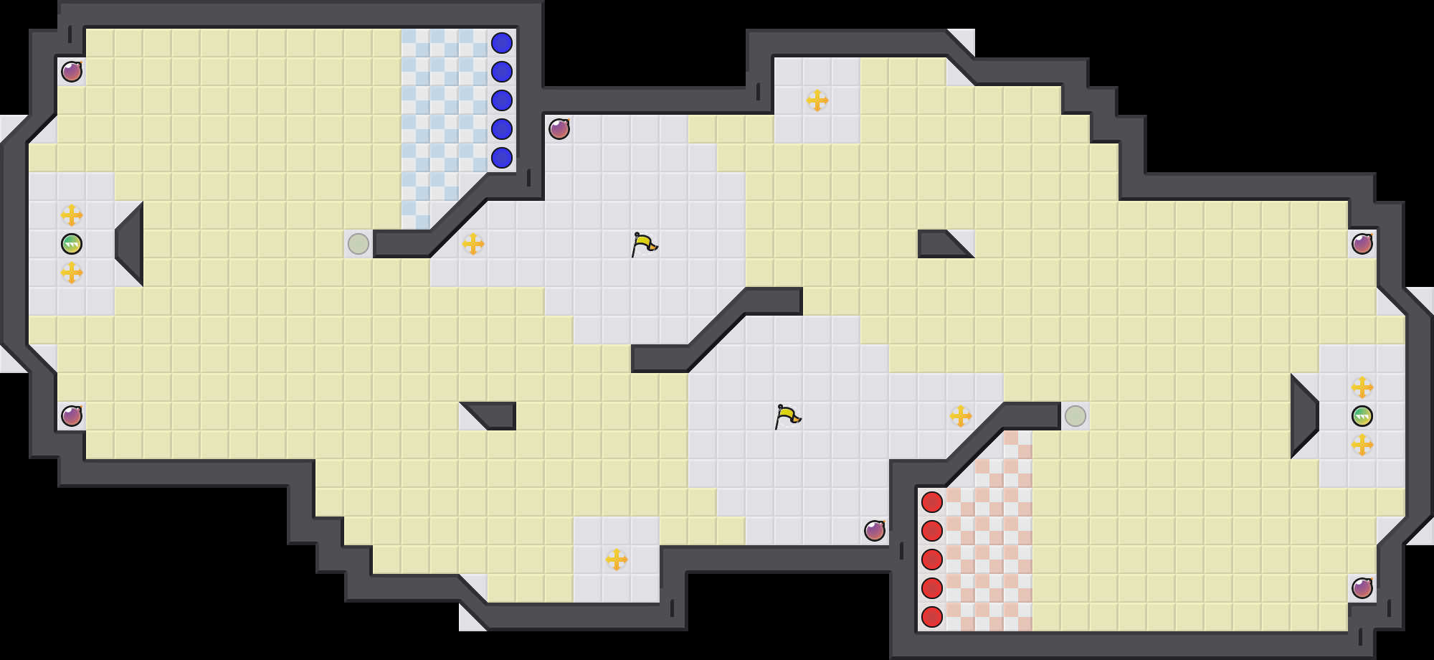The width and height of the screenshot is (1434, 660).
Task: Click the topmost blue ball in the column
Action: point(502,43)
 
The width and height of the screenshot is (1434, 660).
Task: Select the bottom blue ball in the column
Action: point(502,158)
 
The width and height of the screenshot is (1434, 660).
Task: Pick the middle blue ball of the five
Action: point(502,100)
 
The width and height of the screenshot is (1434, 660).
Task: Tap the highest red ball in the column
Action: point(932,502)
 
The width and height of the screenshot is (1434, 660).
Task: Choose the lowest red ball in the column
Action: point(932,617)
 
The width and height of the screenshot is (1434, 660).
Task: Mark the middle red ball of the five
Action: point(932,560)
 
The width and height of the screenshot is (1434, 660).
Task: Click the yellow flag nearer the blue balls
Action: point(644,244)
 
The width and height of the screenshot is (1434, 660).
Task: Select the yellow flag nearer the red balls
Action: point(787,416)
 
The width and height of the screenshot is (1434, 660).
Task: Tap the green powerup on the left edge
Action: point(72,244)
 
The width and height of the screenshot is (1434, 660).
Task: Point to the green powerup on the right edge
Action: point(1362,416)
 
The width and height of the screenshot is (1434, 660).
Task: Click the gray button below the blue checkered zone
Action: point(358,244)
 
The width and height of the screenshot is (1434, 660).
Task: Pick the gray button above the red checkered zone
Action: point(1075,416)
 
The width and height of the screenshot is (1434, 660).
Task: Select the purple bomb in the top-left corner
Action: point(72,72)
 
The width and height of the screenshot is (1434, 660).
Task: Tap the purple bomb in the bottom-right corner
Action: point(1362,588)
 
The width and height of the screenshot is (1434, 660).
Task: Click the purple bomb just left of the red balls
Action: point(875,531)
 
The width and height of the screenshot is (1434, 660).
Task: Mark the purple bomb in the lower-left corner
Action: point(72,416)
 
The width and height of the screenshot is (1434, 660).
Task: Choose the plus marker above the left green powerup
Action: point(72,215)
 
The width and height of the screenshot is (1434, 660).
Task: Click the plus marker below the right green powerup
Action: point(1362,445)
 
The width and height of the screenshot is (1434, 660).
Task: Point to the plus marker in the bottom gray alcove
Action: point(617,560)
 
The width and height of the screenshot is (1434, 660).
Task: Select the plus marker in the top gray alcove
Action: point(817,100)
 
